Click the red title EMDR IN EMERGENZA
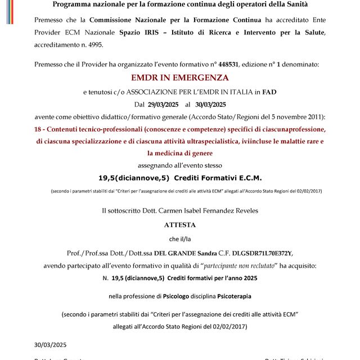click(x=180, y=77)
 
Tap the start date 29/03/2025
click(x=163, y=104)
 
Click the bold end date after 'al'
click(x=210, y=104)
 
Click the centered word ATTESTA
click(x=179, y=224)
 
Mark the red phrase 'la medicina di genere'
click(x=179, y=152)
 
